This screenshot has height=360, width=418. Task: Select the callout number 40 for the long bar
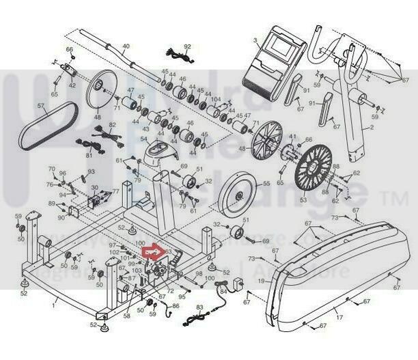coord(125,46)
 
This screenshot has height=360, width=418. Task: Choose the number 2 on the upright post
coord(372,128)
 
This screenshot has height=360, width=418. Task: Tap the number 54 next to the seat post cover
coord(144,139)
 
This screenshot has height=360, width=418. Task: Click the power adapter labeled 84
coord(238,284)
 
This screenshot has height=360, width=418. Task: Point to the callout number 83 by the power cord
coord(199,308)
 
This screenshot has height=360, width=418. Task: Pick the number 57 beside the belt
coord(40,106)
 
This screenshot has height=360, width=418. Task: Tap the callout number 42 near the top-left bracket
coord(72,85)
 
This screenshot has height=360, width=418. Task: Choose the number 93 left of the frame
coord(90,171)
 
